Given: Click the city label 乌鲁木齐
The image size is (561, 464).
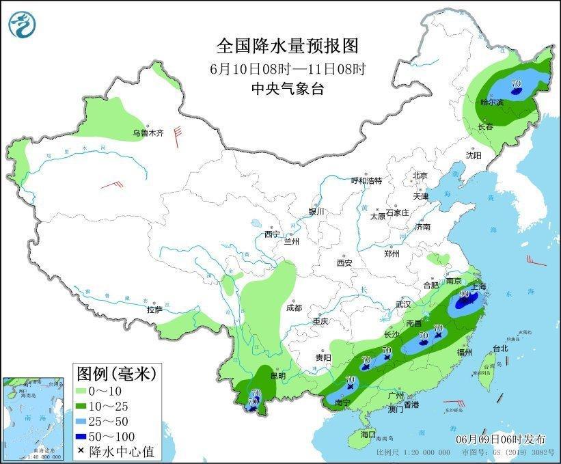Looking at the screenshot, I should [148, 133].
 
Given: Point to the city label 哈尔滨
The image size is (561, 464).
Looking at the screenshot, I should [491, 103].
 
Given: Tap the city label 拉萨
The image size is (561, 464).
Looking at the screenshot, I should [154, 310].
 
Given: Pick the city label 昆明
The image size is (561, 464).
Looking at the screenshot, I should [279, 377].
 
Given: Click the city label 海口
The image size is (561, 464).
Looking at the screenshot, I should [368, 434].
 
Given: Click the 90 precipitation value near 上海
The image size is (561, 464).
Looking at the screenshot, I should [465, 295].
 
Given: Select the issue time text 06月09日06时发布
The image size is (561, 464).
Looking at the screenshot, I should [500, 437].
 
